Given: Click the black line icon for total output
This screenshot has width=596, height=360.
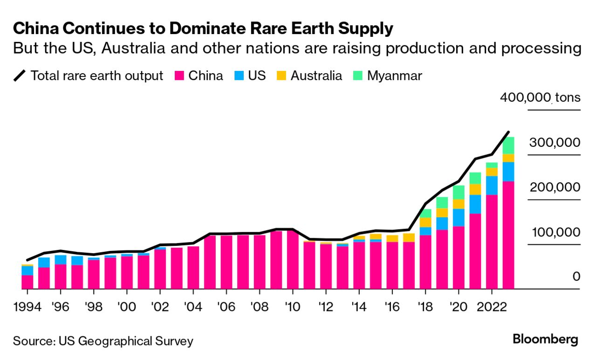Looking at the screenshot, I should tap(21, 76).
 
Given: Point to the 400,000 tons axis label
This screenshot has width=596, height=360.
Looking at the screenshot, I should tap(540, 98).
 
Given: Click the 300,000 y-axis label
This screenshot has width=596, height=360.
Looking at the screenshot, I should tap(555, 143).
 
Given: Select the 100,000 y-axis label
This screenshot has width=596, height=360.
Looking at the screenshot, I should tap(555, 232).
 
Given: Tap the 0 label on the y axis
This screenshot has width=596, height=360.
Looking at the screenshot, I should tap(576, 277).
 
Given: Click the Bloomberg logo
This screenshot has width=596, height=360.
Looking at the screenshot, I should tap(545, 340).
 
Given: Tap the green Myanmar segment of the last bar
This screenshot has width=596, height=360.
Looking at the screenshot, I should tap(508, 145).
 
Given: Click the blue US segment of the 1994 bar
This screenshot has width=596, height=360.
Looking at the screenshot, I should tap(27, 270).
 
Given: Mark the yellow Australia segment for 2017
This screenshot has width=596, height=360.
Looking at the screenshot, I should tap(409, 238).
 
